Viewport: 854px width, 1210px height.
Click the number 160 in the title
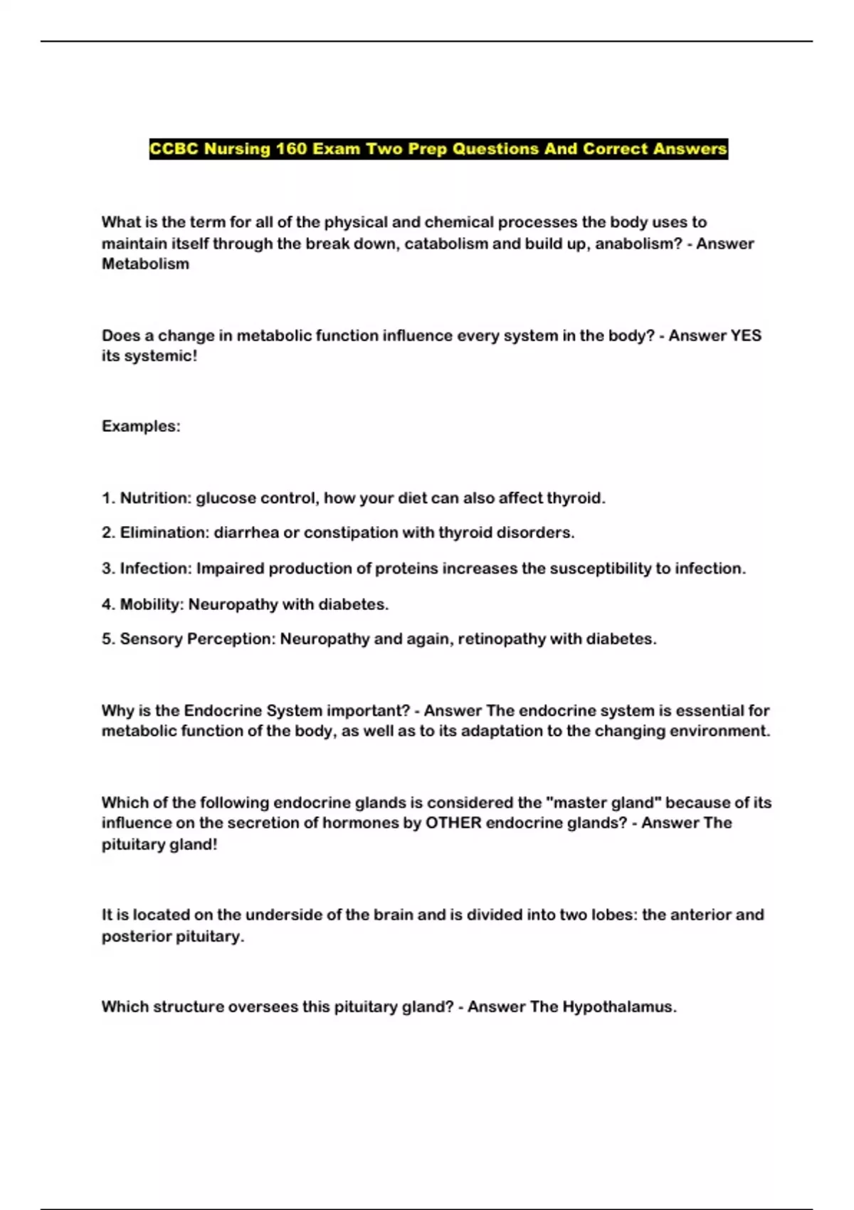click(291, 149)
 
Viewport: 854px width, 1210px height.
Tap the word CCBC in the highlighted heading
click(174, 149)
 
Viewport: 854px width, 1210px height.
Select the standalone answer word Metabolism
click(145, 264)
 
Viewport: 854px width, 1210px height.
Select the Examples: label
click(141, 426)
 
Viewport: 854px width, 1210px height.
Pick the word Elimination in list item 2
click(164, 532)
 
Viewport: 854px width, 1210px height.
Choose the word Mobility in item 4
click(152, 604)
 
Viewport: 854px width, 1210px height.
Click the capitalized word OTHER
click(453, 823)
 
